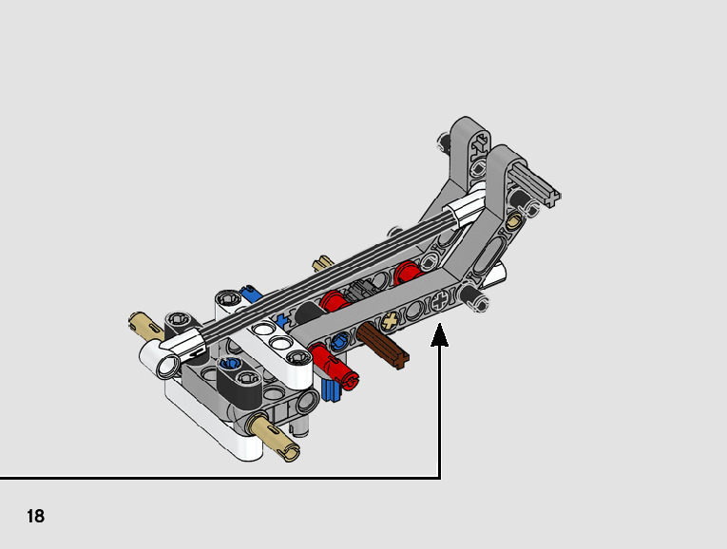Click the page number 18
[36, 516]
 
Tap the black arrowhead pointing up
[440, 335]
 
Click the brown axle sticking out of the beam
[383, 346]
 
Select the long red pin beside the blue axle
[334, 365]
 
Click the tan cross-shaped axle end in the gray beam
[391, 320]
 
